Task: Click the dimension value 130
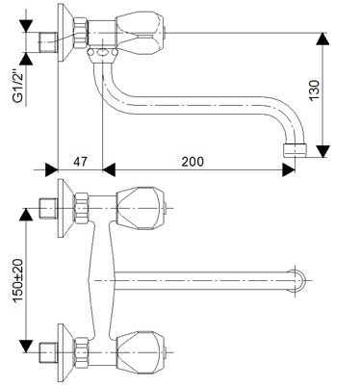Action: [339, 93]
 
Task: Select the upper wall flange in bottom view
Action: [63, 204]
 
